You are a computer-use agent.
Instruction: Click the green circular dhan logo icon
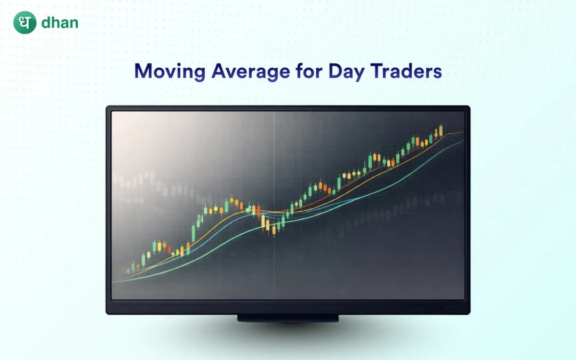25,23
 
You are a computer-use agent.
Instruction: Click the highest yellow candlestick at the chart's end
441,131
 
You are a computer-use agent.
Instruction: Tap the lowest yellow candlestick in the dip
274,230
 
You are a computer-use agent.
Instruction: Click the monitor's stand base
288,318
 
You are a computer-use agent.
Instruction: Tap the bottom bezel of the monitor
288,307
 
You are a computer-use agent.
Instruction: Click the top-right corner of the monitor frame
468,108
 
